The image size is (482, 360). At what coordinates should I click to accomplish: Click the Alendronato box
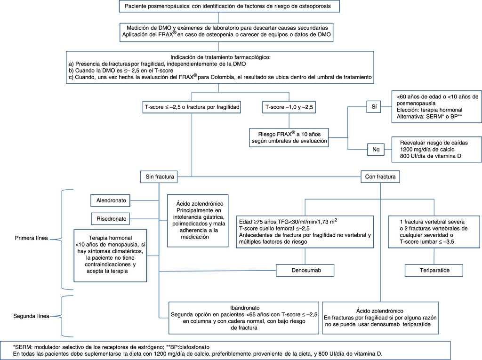point(112,200)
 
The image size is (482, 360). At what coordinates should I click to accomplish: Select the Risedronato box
point(112,219)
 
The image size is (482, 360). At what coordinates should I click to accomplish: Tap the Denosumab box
point(305,270)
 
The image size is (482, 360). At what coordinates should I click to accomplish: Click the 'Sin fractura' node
point(157,177)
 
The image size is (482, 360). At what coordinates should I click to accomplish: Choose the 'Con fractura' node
point(380,177)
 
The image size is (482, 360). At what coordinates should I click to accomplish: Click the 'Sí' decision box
point(373,107)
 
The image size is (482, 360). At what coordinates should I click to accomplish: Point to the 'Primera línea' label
point(31,238)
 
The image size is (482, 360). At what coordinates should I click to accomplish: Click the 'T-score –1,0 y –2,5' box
point(289,107)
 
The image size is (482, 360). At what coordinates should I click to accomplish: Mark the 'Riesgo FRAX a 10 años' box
point(289,136)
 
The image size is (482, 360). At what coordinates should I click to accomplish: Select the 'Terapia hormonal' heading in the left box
point(111,238)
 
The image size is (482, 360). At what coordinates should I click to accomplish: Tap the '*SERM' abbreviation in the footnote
point(23,346)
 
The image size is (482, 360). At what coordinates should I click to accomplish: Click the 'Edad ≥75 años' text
point(257,222)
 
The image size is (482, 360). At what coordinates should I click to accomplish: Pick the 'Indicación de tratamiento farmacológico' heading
point(217,57)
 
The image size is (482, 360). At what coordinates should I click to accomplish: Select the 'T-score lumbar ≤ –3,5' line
point(426,242)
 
